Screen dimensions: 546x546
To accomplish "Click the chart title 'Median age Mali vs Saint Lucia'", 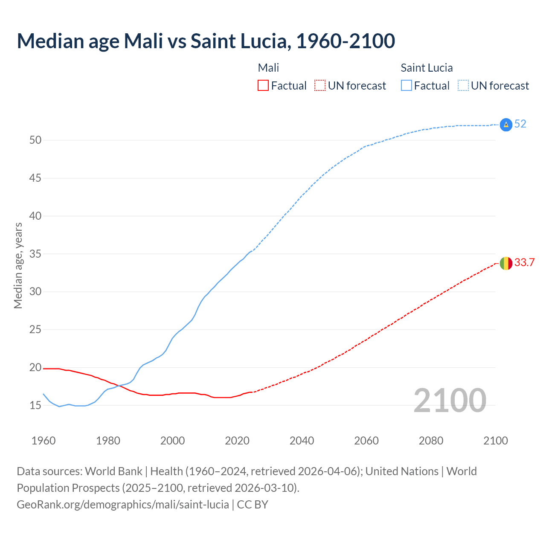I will (206, 41).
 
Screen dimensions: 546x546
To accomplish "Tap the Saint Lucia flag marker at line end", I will (505, 125).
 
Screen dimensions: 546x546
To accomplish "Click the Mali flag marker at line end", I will (505, 263).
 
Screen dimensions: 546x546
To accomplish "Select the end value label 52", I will (520, 124).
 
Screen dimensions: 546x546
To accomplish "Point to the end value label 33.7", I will (524, 263).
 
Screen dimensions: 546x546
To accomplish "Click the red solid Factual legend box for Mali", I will (263, 86).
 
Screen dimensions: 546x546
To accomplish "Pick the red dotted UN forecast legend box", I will (320, 86).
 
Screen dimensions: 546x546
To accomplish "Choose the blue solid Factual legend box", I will (407, 86).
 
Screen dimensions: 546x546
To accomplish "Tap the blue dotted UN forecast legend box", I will (463, 86).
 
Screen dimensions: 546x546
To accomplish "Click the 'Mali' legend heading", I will (268, 68).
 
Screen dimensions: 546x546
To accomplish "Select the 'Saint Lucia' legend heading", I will (427, 68).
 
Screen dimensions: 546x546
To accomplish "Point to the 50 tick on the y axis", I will (35, 140).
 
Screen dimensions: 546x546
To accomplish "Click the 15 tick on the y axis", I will (35, 406).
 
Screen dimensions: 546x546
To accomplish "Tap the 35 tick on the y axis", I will (35, 254).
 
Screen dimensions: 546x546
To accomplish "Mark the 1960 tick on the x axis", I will (44, 441).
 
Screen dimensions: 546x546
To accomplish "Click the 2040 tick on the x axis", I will (302, 441).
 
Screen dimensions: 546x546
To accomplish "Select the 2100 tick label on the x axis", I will (495, 441).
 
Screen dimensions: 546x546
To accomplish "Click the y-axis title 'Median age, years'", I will (18, 265).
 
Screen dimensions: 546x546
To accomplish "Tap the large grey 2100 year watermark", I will (450, 401).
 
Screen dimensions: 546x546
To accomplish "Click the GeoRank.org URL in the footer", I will (123, 505).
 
